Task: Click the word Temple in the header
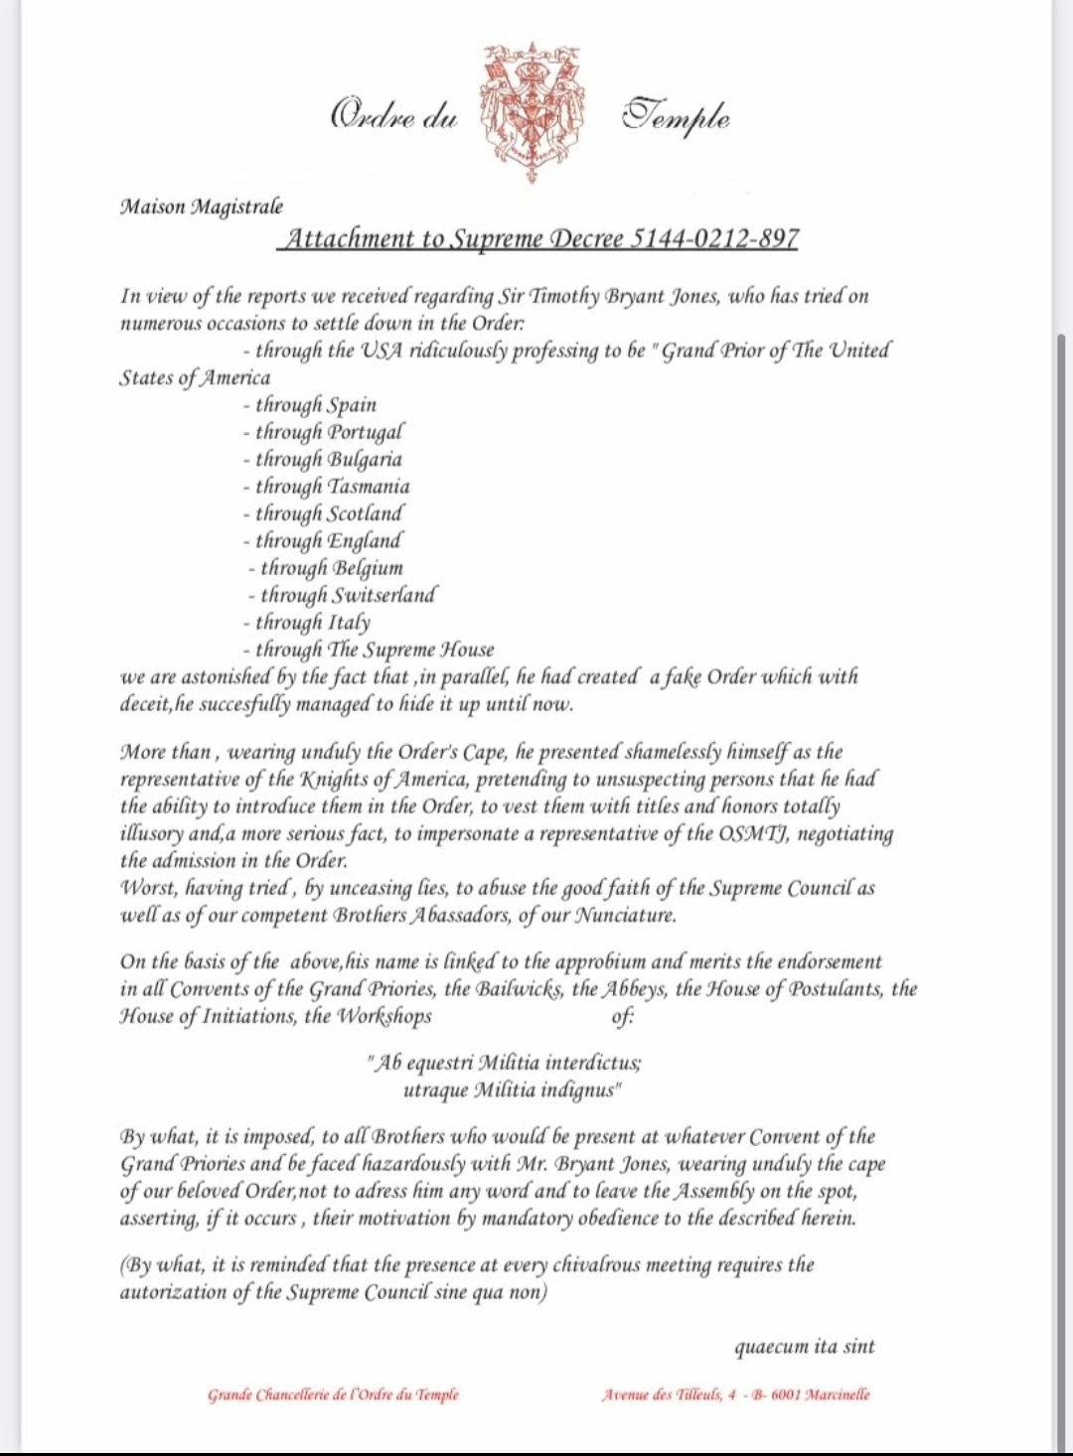pyautogui.click(x=677, y=117)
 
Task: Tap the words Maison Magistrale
pyautogui.click(x=202, y=207)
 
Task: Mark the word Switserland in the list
pyautogui.click(x=383, y=595)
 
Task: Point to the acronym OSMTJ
pyautogui.click(x=751, y=833)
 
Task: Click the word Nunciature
pyautogui.click(x=625, y=916)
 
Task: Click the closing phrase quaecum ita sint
pyautogui.click(x=805, y=1348)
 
